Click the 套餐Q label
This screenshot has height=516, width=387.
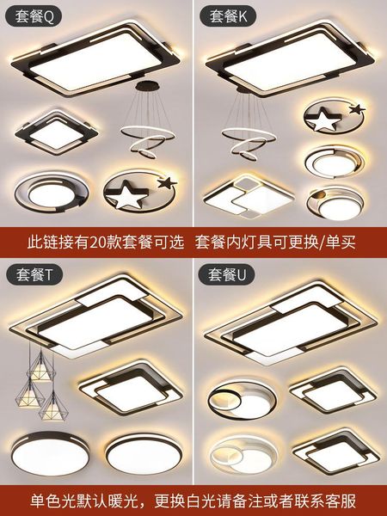[x=31, y=15]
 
